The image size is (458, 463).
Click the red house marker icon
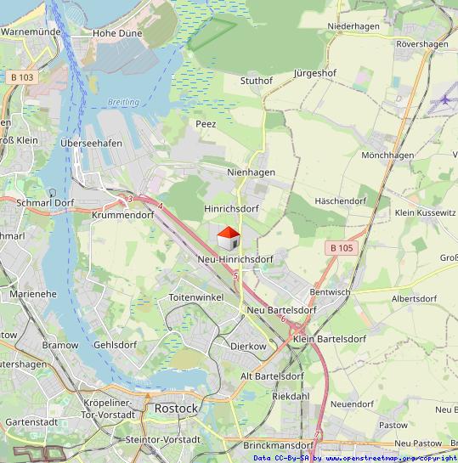click(228, 235)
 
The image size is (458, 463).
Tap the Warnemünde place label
click(31, 31)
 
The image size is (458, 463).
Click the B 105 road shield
click(342, 247)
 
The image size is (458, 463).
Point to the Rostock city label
click(176, 409)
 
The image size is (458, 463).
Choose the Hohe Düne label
click(117, 33)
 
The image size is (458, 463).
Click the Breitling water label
click(123, 102)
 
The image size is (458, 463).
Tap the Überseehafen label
click(91, 143)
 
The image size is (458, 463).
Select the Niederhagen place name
click(353, 26)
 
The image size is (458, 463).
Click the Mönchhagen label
click(387, 155)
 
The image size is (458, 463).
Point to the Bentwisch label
click(330, 291)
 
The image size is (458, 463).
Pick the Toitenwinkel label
click(195, 297)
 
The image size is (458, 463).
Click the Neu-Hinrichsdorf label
click(235, 258)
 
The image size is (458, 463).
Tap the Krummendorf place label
click(122, 216)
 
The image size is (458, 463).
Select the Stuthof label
click(257, 81)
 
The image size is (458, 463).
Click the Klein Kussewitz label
click(425, 212)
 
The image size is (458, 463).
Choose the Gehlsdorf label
click(116, 345)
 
